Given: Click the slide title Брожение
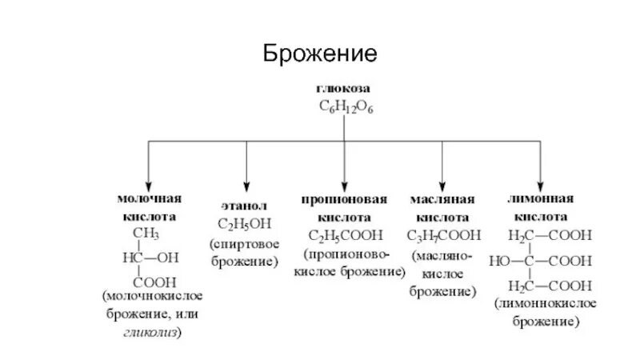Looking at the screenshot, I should pos(320,55).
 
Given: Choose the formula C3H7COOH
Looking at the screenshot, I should pos(443,235).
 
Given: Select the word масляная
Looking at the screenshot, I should pos(443,198).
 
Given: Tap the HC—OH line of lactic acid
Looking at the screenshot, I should pos(150,258).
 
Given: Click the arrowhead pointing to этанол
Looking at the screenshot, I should pos(246,183).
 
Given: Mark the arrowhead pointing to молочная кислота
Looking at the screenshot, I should pos(149,183).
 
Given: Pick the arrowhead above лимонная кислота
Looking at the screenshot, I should pos(542,183).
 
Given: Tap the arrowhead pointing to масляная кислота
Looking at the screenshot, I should pos(443,183).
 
